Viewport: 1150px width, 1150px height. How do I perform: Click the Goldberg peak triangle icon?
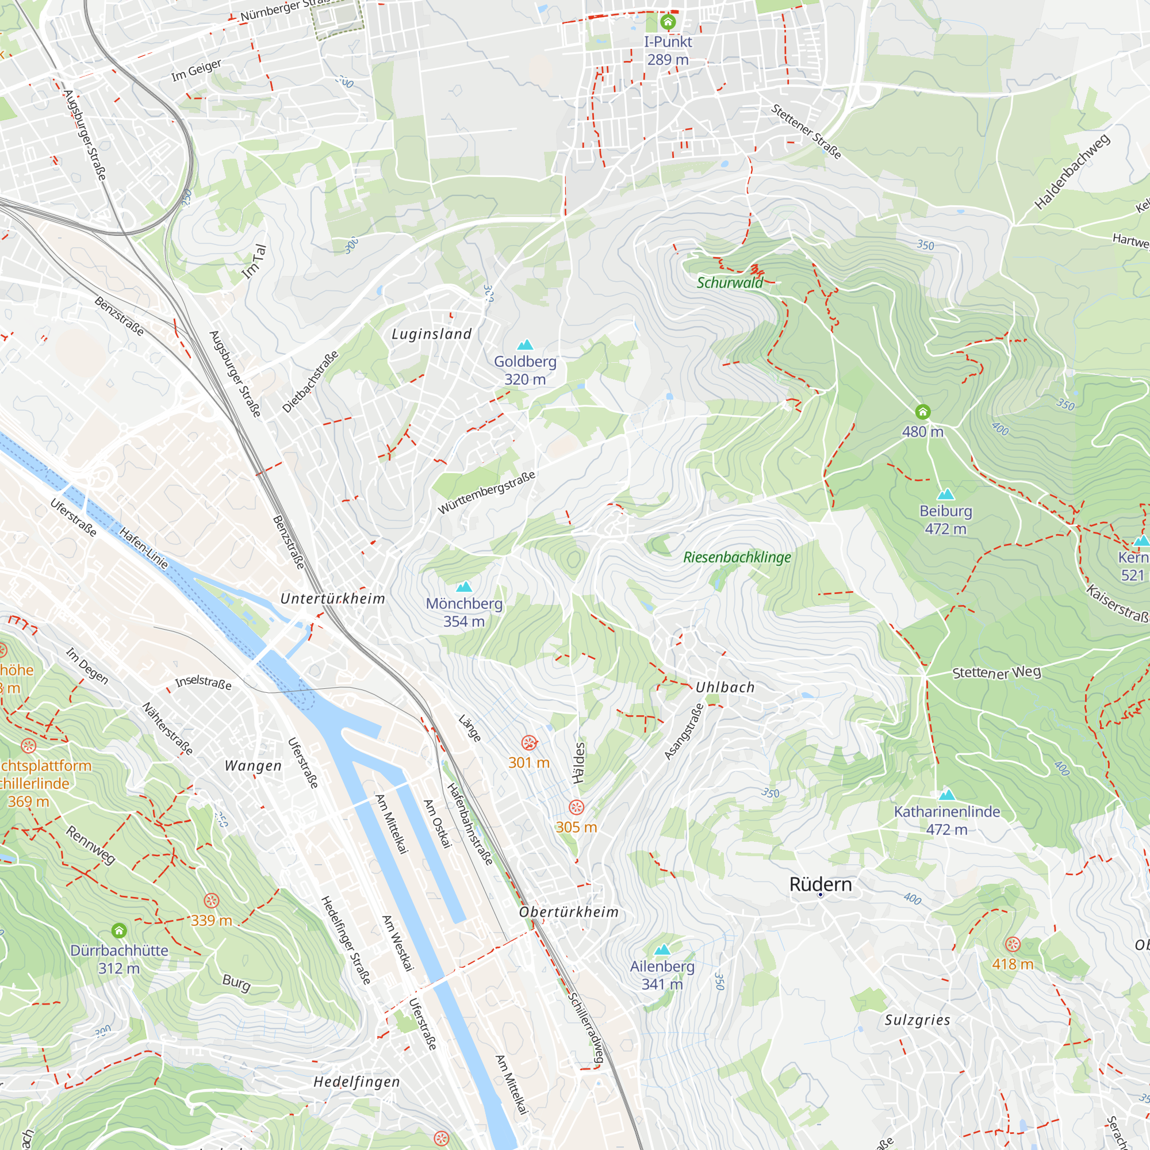[524, 344]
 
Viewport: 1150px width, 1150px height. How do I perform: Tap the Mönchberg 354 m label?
[463, 612]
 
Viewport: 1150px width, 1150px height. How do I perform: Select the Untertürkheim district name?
[333, 598]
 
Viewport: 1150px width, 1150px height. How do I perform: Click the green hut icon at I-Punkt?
[668, 22]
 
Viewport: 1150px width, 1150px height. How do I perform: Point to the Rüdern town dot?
[821, 895]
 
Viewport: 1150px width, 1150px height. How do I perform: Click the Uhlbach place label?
[725, 687]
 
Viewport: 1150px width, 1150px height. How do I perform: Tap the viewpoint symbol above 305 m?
[576, 807]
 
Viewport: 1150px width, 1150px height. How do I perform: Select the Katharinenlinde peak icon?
[946, 795]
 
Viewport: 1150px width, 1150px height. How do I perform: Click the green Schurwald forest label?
[730, 283]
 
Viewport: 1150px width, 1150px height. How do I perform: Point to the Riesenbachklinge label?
[737, 557]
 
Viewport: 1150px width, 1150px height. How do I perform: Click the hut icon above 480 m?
[923, 411]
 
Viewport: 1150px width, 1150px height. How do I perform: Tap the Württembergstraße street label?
[486, 492]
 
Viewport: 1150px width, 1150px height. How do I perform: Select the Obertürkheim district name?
[569, 912]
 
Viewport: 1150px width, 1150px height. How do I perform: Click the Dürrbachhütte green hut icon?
[119, 930]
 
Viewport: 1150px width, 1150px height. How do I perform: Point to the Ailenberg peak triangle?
[662, 949]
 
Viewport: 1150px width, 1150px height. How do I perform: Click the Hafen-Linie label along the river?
[143, 547]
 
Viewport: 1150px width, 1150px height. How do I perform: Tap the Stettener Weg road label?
[996, 673]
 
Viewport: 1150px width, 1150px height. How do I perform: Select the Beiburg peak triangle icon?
[945, 494]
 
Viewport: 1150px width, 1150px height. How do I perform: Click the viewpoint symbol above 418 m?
[1013, 944]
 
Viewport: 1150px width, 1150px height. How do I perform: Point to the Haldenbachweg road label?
[1072, 171]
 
